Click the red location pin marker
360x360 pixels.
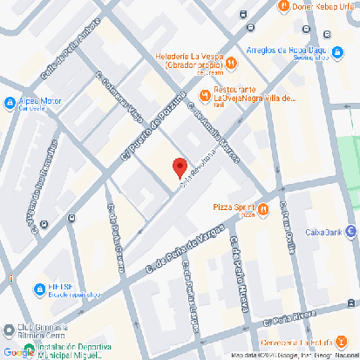[180, 166]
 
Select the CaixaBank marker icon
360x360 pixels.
[351, 231]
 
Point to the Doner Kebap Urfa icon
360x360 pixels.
[282, 6]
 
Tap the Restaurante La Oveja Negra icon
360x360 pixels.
[206, 94]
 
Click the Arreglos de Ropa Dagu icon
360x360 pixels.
[336, 51]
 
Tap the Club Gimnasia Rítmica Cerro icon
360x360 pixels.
[8, 329]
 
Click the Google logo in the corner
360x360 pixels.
[17, 352]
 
